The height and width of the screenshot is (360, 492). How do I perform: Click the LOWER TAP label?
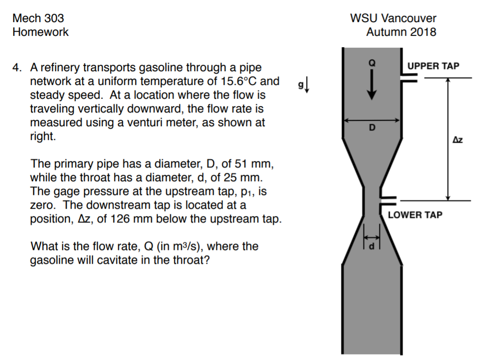click(415, 215)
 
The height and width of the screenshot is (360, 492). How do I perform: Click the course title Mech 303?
click(38, 19)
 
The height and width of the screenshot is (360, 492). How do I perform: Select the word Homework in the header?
click(41, 32)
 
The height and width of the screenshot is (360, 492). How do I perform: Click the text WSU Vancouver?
click(393, 19)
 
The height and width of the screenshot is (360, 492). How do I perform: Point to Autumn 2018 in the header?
click(401, 32)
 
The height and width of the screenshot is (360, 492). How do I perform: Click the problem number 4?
click(17, 67)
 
